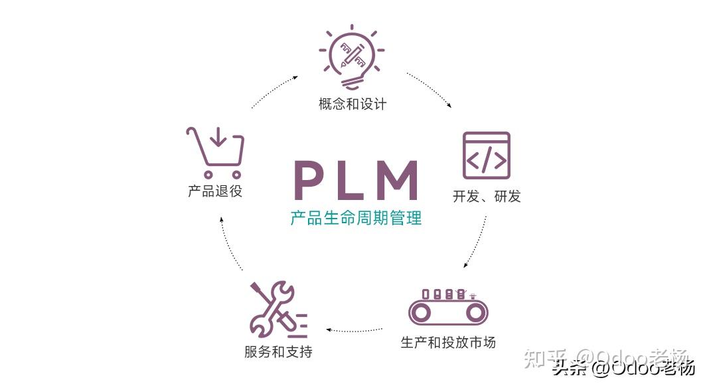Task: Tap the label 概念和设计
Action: pyautogui.click(x=352, y=104)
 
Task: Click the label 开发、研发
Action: pyautogui.click(x=487, y=197)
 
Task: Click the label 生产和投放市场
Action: pyautogui.click(x=448, y=343)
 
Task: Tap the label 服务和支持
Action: pyautogui.click(x=278, y=352)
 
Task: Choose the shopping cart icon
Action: pyautogui.click(x=215, y=152)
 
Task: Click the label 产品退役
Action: pyautogui.click(x=215, y=191)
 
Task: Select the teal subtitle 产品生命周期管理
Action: pyautogui.click(x=356, y=218)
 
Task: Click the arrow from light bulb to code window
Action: pyautogui.click(x=430, y=89)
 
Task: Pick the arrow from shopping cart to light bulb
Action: pyautogui.click(x=274, y=91)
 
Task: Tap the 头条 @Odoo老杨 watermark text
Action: pyautogui.click(x=623, y=367)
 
